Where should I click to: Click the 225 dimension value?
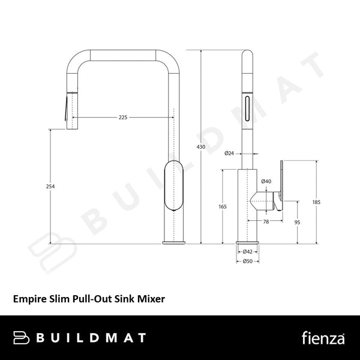click(123, 118)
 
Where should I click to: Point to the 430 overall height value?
click(202, 146)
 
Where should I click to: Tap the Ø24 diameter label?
click(229, 154)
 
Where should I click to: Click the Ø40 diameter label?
click(266, 181)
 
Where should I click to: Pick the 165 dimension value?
click(223, 207)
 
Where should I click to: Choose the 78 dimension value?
click(266, 222)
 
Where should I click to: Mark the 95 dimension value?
click(298, 223)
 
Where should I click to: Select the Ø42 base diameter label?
click(247, 252)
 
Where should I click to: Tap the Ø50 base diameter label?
click(247, 261)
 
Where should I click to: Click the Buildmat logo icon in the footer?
click(22, 338)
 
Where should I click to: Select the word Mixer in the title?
click(151, 296)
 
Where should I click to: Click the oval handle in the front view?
click(172, 186)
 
